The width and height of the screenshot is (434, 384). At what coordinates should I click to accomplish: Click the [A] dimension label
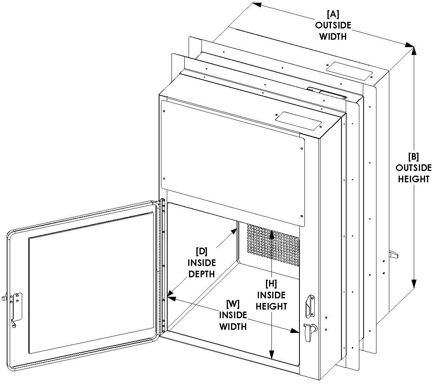[333, 14]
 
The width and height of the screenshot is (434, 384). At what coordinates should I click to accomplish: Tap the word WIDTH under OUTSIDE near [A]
[333, 37]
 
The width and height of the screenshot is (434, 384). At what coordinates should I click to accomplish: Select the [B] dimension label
[413, 157]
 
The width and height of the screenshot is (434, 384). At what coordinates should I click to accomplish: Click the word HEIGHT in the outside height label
[413, 179]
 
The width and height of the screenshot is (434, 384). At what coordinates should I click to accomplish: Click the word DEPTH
[201, 274]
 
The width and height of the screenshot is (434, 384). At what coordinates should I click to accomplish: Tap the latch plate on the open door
[17, 305]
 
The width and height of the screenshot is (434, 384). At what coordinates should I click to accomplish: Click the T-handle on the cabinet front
[309, 331]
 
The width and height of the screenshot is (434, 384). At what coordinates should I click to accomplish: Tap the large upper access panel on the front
[232, 160]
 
